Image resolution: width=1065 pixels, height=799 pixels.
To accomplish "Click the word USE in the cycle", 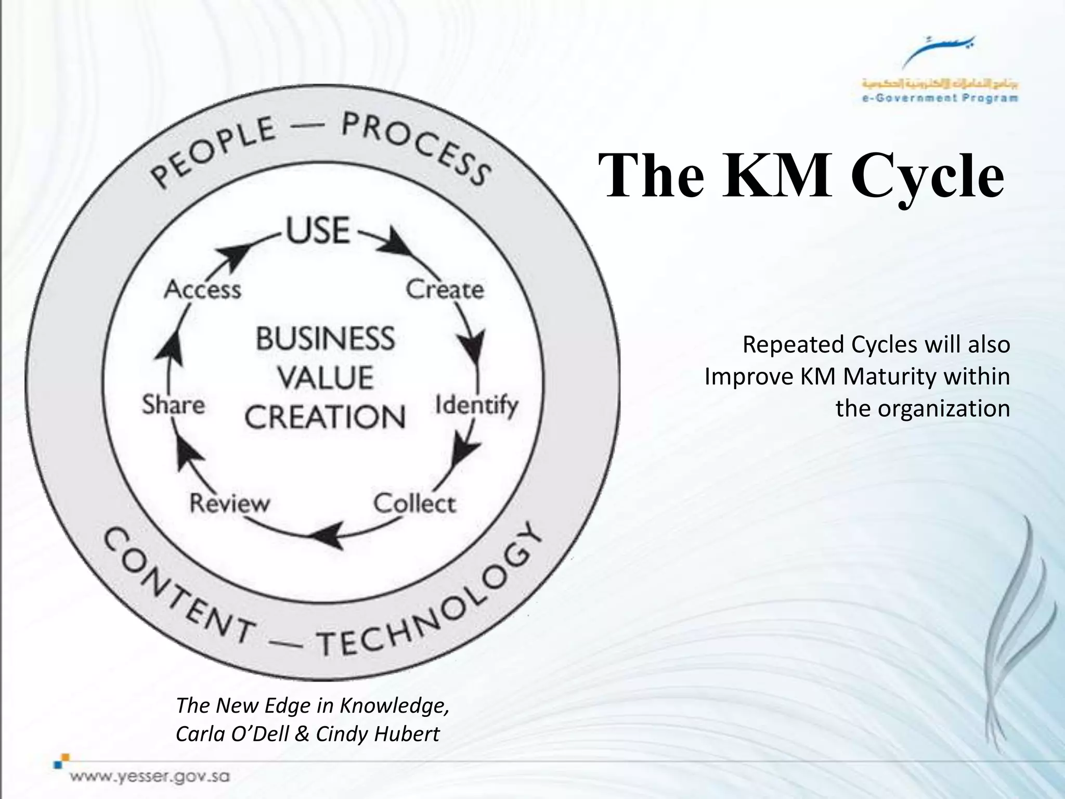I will (x=318, y=230).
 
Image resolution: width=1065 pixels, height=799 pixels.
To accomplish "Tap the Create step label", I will (x=445, y=289).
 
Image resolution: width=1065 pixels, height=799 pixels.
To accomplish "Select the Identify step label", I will (x=476, y=406).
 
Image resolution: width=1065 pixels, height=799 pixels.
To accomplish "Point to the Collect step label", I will (x=414, y=504).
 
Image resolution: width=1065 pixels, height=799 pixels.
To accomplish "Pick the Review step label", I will (x=230, y=504).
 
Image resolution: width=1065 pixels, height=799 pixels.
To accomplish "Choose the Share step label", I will (x=174, y=405).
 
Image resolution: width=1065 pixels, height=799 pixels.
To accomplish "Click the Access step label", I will (x=203, y=289).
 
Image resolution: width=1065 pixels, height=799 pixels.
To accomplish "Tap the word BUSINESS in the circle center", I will (x=326, y=339).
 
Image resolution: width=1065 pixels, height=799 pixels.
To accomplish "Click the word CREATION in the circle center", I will (x=326, y=417).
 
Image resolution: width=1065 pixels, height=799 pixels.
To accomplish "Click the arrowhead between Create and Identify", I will (x=473, y=345).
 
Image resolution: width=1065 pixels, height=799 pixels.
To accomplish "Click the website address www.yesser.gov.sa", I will (x=150, y=777).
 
